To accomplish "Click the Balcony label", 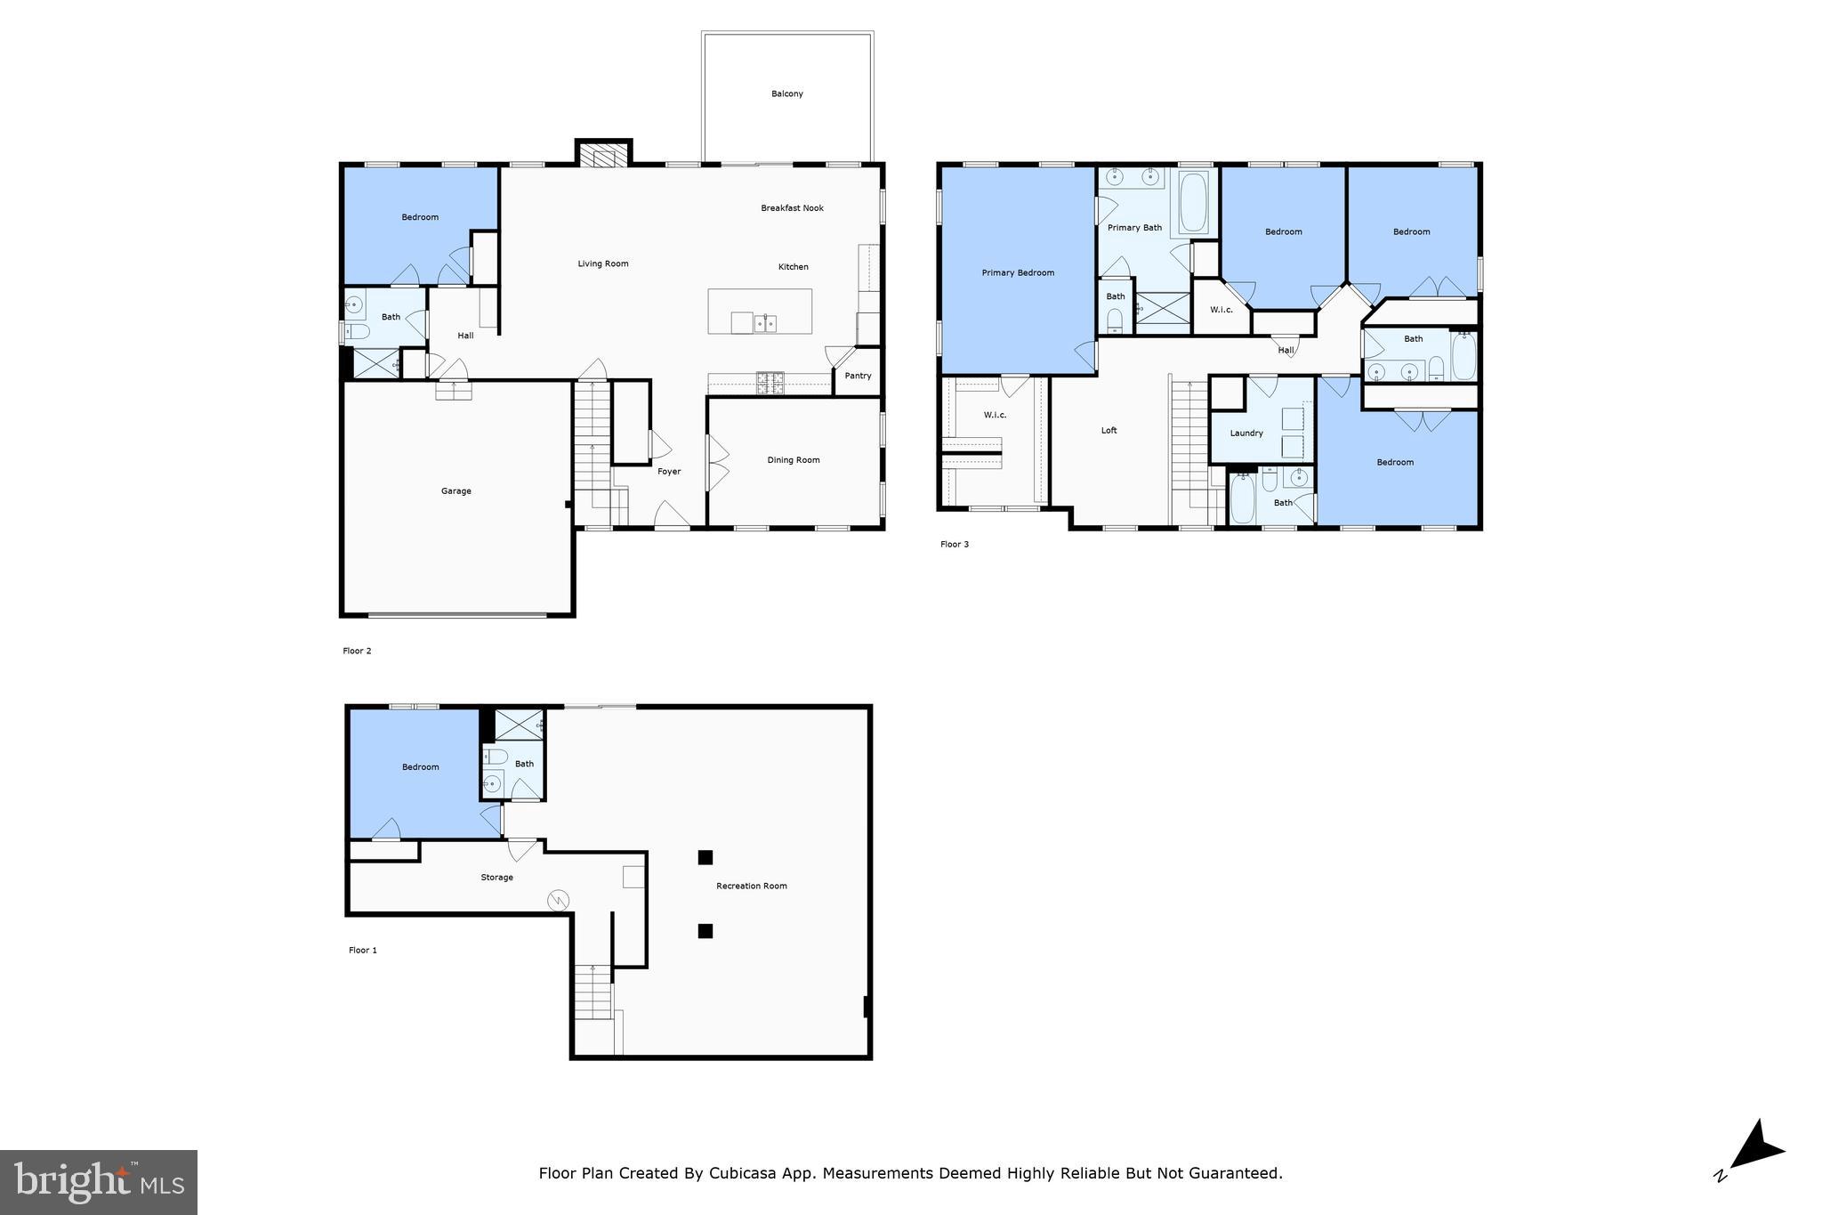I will [786, 93].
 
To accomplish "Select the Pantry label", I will [858, 376].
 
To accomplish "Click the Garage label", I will [455, 491].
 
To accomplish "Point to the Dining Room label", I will [793, 460].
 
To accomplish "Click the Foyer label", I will [669, 472].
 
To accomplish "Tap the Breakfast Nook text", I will [792, 208].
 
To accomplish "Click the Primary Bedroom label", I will [1018, 273].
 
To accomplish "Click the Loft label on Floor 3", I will [1109, 431].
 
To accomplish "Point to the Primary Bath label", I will [1134, 228].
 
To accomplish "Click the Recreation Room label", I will [751, 887].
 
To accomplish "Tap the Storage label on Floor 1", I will [496, 878].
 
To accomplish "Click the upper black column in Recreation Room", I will [705, 858].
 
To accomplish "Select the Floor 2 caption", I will [357, 652].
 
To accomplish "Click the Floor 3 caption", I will [954, 545].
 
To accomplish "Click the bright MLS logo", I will [99, 1182].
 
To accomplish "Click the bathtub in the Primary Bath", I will [1192, 201].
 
